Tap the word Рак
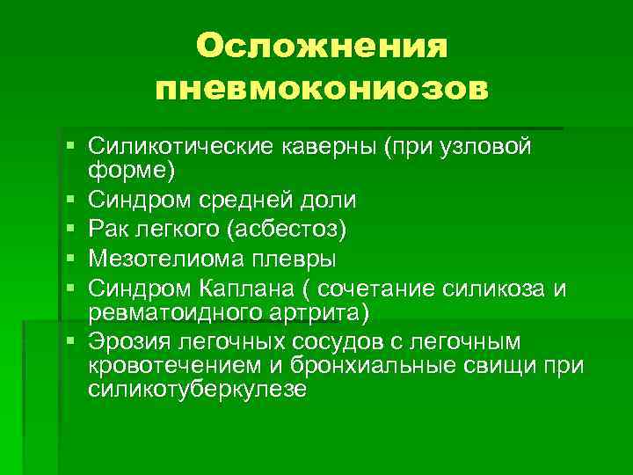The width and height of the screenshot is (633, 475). click(109, 230)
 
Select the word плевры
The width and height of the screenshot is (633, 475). click(287, 259)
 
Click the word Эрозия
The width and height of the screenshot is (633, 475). click(128, 340)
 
